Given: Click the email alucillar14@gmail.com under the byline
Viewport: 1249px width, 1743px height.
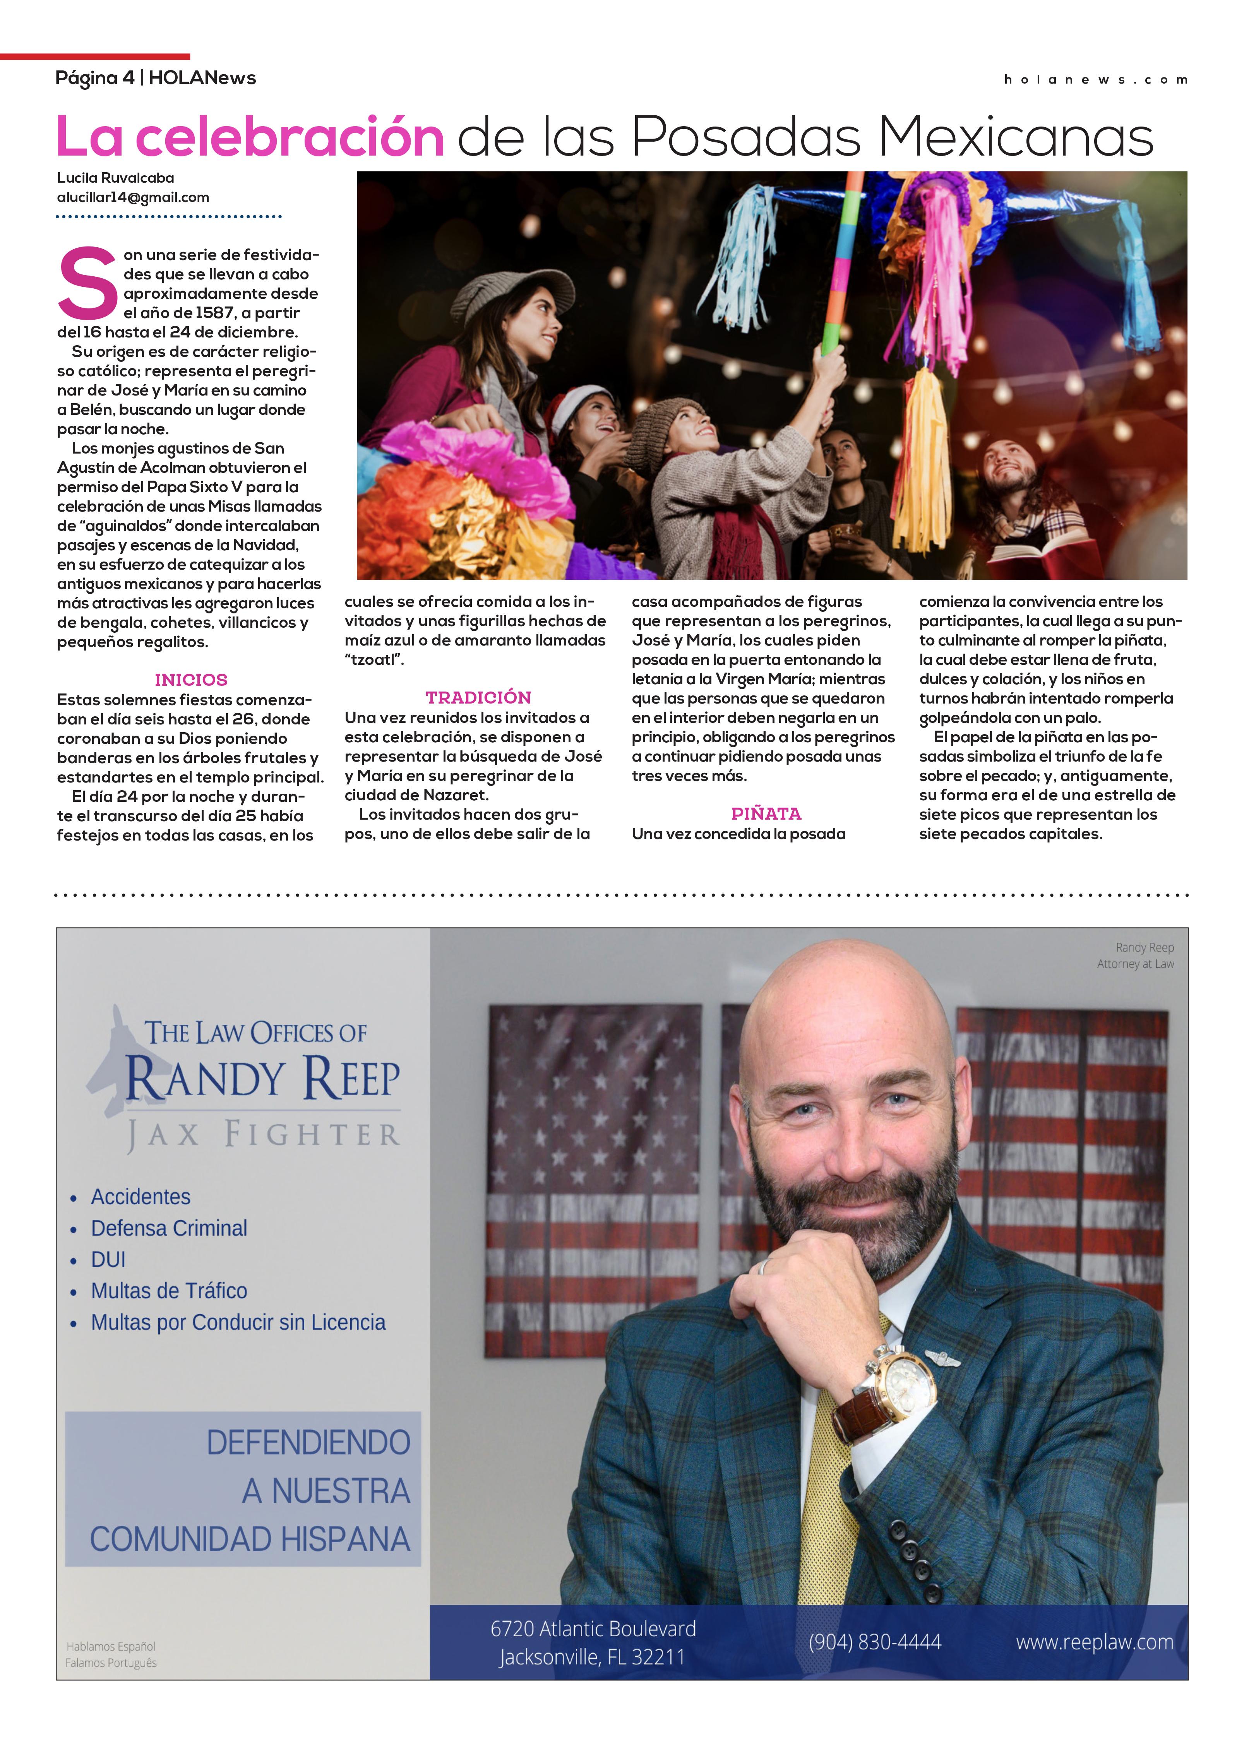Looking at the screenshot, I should tap(133, 197).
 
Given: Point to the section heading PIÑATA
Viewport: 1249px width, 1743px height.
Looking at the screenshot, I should tap(766, 813).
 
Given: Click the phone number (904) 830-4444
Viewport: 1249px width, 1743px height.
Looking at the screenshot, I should tap(875, 1642).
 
